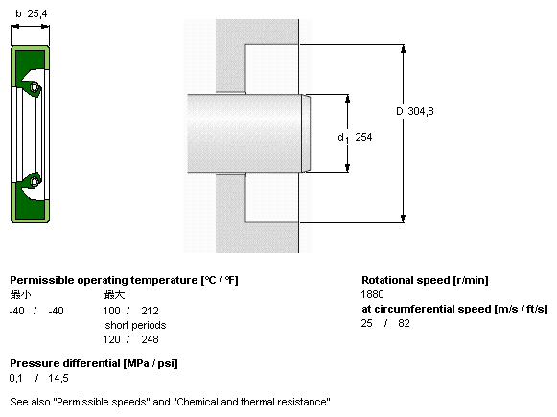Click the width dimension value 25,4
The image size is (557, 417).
click(37, 13)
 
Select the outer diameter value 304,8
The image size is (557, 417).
click(421, 111)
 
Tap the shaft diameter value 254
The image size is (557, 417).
click(363, 137)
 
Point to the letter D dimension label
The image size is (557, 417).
click(400, 111)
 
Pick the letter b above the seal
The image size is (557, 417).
click(18, 13)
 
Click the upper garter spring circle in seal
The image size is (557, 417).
click(35, 87)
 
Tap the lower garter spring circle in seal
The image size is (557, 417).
click(35, 181)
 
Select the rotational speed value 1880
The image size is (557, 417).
click(372, 294)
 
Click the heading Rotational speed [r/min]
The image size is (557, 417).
click(425, 280)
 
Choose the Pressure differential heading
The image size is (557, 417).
click(94, 363)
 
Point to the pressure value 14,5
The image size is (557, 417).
click(58, 378)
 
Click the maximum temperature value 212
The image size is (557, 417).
click(150, 311)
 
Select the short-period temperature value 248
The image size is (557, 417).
click(150, 339)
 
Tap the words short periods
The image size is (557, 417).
click(135, 325)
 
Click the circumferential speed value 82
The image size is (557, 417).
click(404, 323)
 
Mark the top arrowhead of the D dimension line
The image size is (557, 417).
click(403, 49)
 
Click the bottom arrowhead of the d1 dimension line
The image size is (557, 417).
click(347, 168)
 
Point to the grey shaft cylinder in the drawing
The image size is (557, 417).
click(245, 133)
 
